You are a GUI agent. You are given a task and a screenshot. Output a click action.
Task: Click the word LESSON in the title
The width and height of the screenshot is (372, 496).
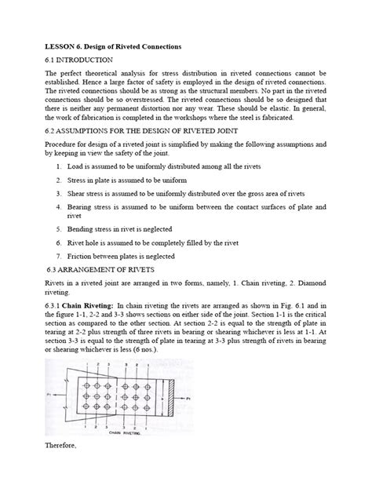[x=62, y=46]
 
